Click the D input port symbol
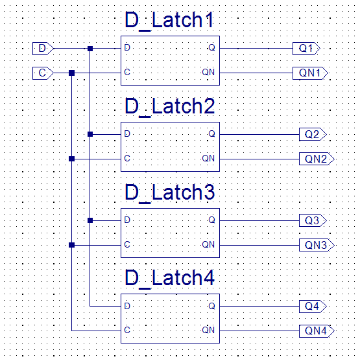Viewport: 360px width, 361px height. pyautogui.click(x=43, y=49)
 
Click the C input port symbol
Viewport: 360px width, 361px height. pyautogui.click(x=43, y=73)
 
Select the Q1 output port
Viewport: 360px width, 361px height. pyautogui.click(x=306, y=49)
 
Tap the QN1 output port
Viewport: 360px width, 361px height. pyautogui.click(x=310, y=73)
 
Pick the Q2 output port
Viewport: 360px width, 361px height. pyautogui.click(x=313, y=134)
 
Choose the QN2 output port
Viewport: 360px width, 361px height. pyautogui.click(x=317, y=159)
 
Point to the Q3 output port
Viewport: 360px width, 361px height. pyautogui.click(x=313, y=220)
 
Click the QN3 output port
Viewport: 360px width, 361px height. pyautogui.click(x=317, y=245)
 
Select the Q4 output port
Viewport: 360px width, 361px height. pyautogui.click(x=313, y=307)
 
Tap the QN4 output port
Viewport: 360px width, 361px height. pyautogui.click(x=317, y=331)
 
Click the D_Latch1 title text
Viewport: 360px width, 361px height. pyautogui.click(x=169, y=21)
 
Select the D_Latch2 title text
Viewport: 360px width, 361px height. pyautogui.click(x=170, y=107)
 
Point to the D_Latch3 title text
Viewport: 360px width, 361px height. pyautogui.click(x=170, y=193)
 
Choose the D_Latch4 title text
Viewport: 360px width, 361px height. pyautogui.click(x=170, y=279)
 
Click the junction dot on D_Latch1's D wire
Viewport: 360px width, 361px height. pyautogui.click(x=90, y=49)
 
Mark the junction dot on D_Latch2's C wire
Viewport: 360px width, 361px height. pyautogui.click(x=72, y=159)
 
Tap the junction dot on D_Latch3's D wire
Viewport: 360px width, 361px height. pyautogui.click(x=90, y=220)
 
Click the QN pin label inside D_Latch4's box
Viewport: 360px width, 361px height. pyautogui.click(x=208, y=330)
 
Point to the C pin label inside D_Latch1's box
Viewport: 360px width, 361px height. pyautogui.click(x=127, y=73)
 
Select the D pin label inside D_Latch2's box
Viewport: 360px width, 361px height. pyautogui.click(x=127, y=134)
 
